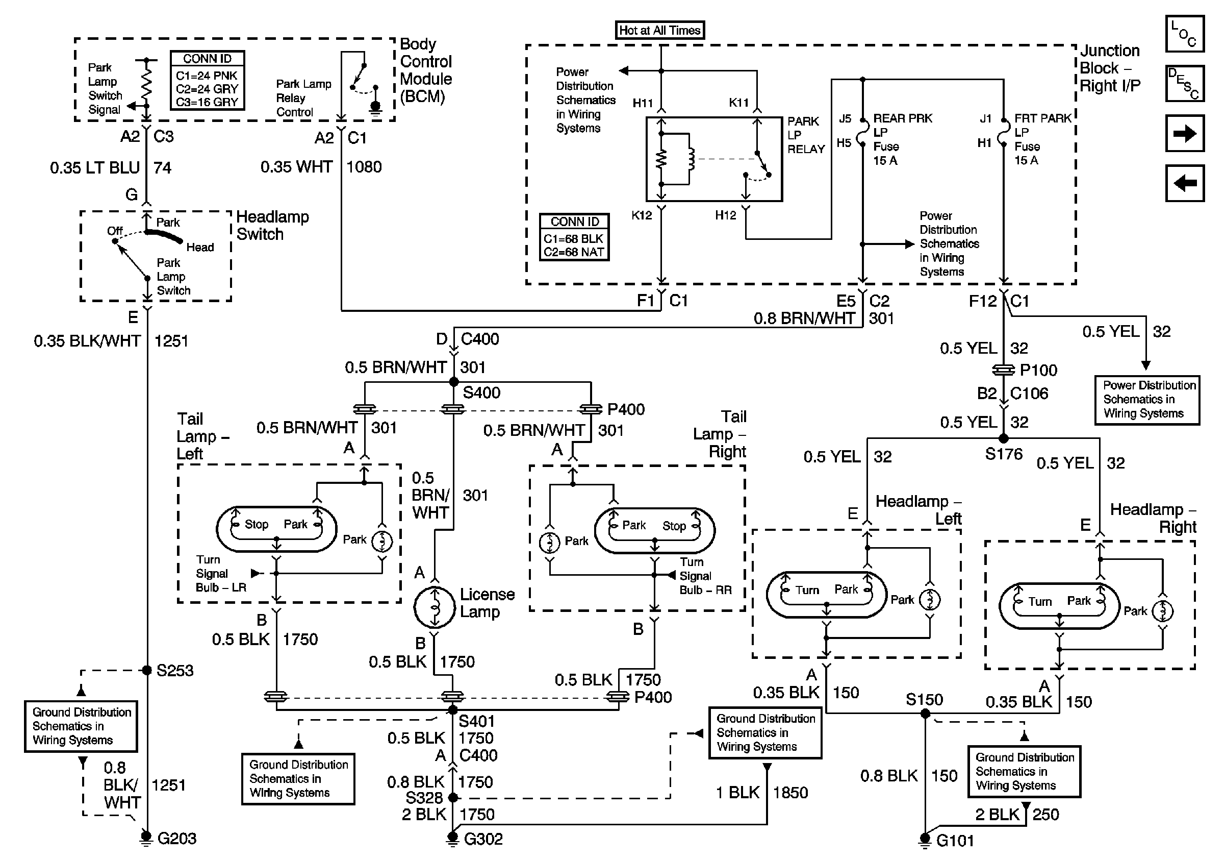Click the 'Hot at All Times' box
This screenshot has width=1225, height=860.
660,30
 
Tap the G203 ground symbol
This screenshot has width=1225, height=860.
146,838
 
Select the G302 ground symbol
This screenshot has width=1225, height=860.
452,839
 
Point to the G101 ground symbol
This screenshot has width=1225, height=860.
925,840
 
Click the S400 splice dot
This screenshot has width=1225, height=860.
453,382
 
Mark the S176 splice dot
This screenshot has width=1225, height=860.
1004,438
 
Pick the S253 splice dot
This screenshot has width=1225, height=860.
147,670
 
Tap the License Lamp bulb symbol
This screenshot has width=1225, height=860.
435,607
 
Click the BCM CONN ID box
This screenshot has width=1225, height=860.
208,81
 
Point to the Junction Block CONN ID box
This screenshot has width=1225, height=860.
574,237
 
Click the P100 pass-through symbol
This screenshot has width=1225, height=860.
1004,370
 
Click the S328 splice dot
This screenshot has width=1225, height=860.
453,798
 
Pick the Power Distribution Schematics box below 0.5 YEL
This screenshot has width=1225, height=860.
1147,400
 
